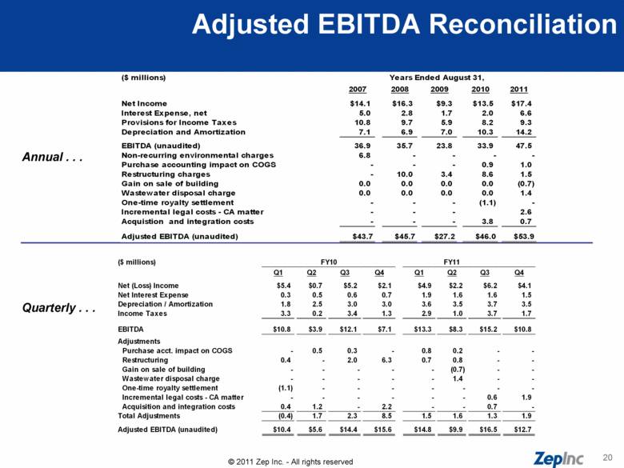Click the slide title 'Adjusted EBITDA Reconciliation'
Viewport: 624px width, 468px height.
pyautogui.click(x=403, y=26)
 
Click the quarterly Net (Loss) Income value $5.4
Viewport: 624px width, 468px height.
pyautogui.click(x=283, y=285)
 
